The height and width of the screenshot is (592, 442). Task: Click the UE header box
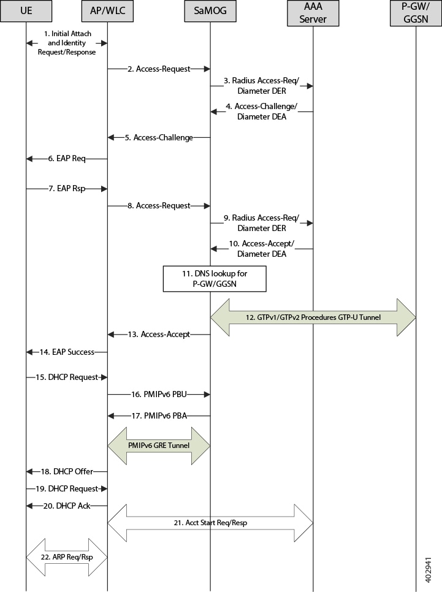tap(26, 10)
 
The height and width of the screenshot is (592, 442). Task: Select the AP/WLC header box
tap(107, 10)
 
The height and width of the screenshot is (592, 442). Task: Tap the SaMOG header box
tap(210, 10)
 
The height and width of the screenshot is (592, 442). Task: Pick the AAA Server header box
tap(313, 13)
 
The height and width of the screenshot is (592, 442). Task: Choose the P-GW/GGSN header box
tap(416, 13)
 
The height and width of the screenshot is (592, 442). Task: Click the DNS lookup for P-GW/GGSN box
tap(215, 279)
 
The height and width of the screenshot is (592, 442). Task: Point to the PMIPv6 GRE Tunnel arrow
tap(159, 446)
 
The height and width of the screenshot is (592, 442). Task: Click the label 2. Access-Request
tap(159, 69)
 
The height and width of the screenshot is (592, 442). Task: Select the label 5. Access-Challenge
tap(159, 137)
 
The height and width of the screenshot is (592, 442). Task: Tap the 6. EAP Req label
tap(66, 159)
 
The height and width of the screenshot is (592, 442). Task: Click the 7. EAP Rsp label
tap(66, 188)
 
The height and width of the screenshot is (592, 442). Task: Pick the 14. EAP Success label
tap(67, 352)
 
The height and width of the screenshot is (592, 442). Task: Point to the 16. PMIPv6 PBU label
tap(159, 394)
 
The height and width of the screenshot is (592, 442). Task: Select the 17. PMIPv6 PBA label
tap(159, 416)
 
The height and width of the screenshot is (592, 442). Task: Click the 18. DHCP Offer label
tap(67, 471)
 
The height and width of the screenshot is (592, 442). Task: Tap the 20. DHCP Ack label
tap(66, 506)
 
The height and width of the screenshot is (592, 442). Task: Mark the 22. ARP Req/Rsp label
tap(67, 557)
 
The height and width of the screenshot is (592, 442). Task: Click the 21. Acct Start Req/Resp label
tap(210, 523)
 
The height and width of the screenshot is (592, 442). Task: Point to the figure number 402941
tap(428, 570)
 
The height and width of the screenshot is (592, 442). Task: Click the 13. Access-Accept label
tap(159, 334)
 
